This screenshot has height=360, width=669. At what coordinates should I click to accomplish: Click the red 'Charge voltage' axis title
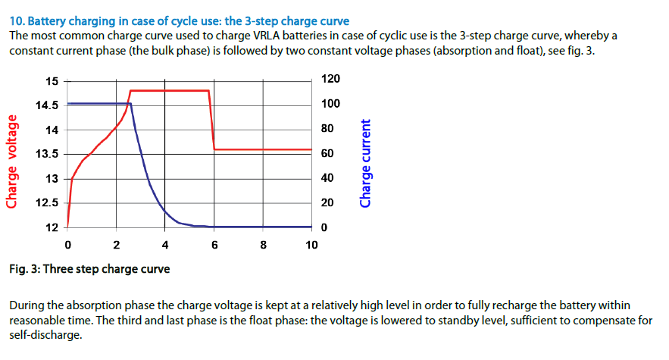(x=12, y=160)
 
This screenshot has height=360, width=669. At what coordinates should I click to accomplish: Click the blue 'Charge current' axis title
(x=367, y=163)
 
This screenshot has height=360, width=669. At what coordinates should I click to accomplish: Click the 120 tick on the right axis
(x=330, y=80)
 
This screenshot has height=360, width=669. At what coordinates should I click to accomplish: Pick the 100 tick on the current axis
(x=330, y=104)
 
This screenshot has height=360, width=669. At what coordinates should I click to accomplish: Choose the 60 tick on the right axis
(x=327, y=154)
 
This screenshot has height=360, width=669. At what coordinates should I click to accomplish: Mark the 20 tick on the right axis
(x=327, y=203)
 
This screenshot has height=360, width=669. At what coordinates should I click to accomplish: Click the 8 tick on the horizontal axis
(x=263, y=245)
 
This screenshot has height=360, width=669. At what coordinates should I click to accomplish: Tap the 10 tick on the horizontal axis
(x=311, y=245)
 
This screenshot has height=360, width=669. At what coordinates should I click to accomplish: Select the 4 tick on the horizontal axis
(x=165, y=245)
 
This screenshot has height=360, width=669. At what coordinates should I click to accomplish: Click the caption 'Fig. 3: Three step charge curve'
(x=89, y=269)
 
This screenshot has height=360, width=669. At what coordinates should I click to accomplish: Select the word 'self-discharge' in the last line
(x=44, y=333)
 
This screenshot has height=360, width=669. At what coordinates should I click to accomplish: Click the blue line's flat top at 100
(x=98, y=103)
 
